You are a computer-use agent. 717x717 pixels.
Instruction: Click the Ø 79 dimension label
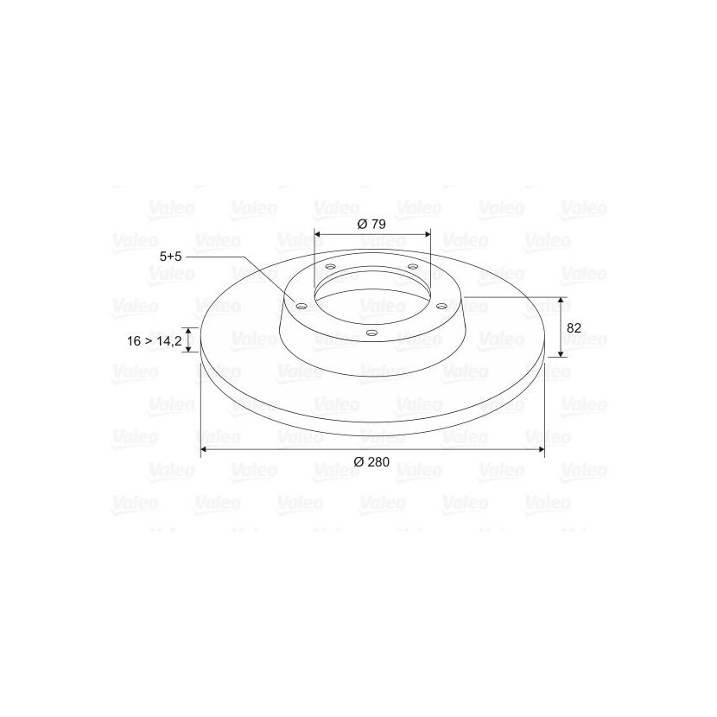pos(371,224)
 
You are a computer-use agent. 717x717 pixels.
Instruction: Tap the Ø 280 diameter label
pos(371,462)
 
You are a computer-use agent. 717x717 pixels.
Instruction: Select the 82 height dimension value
pos(574,328)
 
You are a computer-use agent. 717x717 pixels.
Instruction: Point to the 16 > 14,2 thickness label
pos(155,340)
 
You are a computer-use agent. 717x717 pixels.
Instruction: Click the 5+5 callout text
pos(170,257)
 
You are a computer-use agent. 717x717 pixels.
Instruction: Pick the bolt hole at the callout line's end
pos(301,306)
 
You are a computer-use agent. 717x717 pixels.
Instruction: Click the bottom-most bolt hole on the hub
pos(372,333)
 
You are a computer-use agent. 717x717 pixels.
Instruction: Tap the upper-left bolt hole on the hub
pos(331,267)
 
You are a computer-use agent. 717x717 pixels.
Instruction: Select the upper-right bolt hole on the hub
pos(413,266)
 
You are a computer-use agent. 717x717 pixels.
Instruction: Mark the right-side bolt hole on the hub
pos(442,306)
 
